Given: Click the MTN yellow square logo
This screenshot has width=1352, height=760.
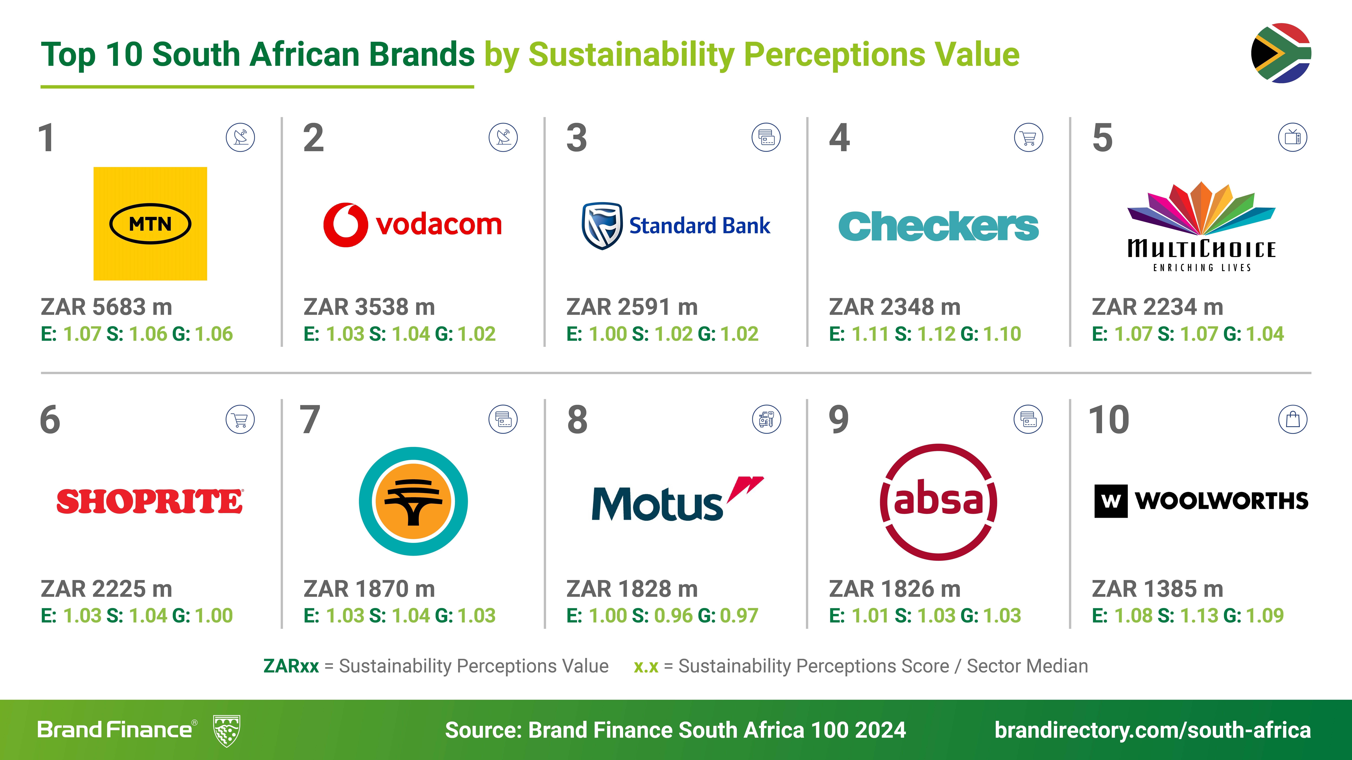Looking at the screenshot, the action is coord(150,223).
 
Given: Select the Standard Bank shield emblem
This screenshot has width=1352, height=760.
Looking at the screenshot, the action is coord(602,226).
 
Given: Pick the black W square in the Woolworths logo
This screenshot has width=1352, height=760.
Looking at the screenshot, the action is coord(1111,501).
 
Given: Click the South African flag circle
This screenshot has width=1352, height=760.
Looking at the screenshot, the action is coord(1281,53).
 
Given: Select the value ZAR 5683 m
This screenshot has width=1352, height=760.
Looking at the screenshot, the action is coord(107,307).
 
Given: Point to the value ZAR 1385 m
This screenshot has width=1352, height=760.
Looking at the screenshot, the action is coord(1157,589).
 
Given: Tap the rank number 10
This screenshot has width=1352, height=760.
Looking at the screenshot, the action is coord(1109,420).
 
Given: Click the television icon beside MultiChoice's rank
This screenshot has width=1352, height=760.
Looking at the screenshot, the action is coord(1292,137).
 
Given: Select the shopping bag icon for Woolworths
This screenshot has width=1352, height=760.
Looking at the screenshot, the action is coord(1292,419).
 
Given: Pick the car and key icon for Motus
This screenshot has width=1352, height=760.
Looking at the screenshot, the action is coord(766,419).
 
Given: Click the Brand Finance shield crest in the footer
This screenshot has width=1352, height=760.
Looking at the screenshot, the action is coord(227,730).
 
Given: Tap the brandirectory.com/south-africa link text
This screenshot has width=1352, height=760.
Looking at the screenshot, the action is coord(1153,730).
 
